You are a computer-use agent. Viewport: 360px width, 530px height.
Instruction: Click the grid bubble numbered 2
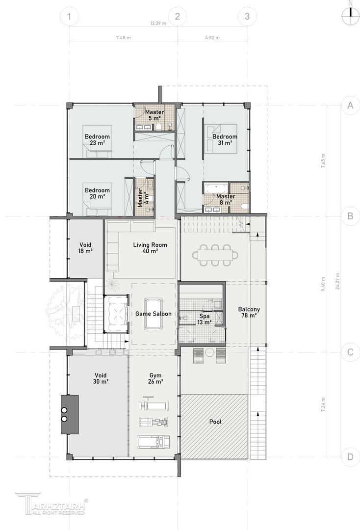177,16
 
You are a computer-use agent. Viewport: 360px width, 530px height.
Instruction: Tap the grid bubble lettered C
350,352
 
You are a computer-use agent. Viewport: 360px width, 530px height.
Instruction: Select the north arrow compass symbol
351,12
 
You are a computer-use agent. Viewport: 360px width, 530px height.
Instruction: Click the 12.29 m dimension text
158,24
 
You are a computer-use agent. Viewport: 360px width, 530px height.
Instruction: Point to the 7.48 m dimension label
123,37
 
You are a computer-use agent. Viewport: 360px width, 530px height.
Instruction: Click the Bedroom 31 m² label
225,139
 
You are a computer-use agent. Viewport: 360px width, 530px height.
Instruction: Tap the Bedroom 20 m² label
97,193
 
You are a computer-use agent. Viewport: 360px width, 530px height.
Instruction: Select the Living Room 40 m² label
150,248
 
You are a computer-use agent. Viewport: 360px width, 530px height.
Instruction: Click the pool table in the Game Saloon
154,314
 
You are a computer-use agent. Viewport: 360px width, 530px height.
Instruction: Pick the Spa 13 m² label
205,319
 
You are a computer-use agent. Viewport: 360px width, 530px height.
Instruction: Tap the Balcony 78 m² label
249,312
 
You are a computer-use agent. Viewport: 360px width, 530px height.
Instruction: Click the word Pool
215,422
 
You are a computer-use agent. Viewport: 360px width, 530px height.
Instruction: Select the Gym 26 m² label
155,378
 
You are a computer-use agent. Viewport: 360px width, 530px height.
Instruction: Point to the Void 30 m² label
101,378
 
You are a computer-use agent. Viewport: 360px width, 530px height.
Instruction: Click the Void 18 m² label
85,248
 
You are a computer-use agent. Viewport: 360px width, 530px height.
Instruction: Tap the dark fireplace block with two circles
70,414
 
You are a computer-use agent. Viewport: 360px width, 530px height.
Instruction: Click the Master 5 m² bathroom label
154,115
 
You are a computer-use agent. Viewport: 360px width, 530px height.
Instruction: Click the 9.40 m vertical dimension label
323,284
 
